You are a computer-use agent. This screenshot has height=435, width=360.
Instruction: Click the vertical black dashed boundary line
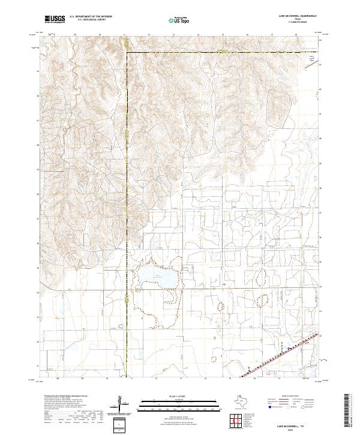(127, 180)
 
